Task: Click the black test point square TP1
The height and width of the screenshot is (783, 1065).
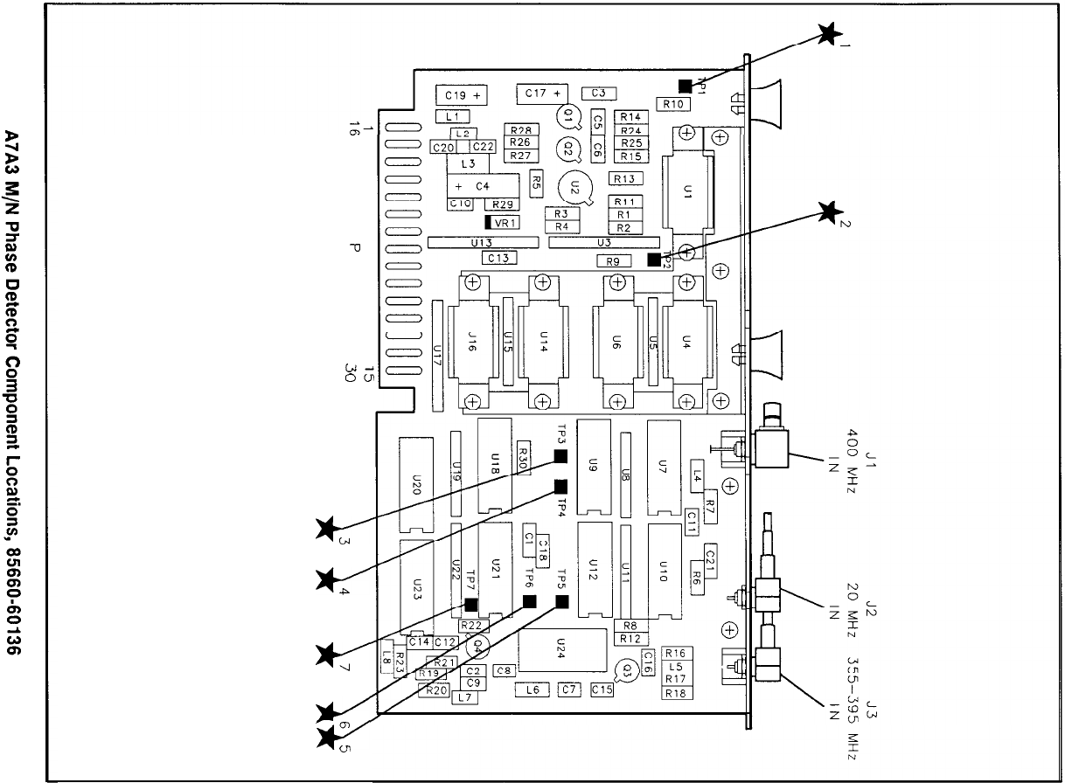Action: pos(686,85)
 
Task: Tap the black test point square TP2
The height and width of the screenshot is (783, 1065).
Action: pos(654,260)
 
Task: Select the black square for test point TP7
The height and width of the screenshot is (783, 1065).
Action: pos(471,605)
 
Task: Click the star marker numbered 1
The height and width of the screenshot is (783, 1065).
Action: pos(825,34)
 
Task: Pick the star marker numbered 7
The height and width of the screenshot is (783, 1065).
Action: pos(327,652)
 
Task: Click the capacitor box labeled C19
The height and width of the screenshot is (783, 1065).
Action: pos(462,94)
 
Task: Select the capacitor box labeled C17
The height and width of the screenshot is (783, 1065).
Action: pos(542,93)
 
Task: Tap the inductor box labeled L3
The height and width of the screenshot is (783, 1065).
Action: pos(468,163)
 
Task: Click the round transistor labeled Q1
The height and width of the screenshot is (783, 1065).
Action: pos(567,115)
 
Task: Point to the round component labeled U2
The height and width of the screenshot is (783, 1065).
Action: pos(574,186)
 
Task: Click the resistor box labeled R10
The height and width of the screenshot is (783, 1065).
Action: pos(674,103)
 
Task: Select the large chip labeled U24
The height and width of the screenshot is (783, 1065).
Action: pos(561,649)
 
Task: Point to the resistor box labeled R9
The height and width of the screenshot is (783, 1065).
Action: pos(613,260)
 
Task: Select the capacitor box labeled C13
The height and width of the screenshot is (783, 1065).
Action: pos(498,258)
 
